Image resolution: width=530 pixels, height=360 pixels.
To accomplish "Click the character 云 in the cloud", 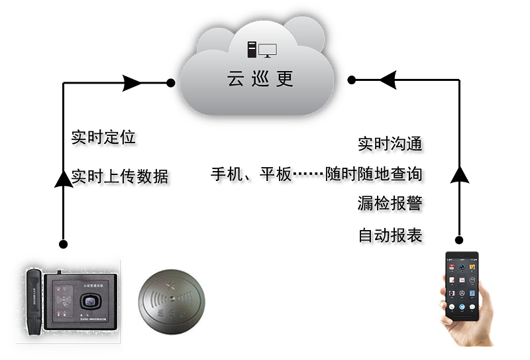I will pos(235,79).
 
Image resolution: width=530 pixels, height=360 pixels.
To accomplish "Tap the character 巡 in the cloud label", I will pos(260,79).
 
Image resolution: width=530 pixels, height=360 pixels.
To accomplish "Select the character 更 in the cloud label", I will pos(285,79).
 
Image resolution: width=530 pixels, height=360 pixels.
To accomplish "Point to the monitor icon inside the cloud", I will pos(268,50).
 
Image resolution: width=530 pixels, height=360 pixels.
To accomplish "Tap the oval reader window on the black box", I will pos(90,301).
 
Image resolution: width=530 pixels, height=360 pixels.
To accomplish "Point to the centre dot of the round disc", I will pos(171,298).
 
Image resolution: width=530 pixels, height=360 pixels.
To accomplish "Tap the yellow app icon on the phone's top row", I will pos(472,267).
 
